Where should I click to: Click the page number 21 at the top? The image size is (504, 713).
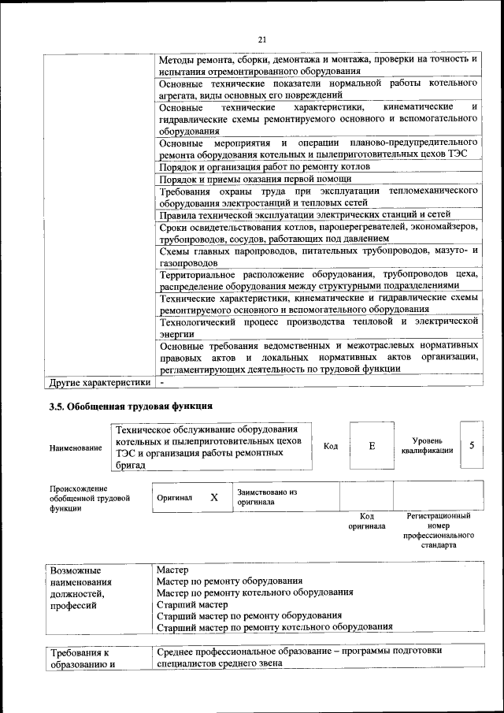pos(263,40)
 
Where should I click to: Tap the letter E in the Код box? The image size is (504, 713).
pos(372,446)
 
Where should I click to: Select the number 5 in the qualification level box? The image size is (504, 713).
pos(472,445)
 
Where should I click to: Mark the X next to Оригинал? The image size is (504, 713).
pos(213,497)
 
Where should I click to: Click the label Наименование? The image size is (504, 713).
pos(76,447)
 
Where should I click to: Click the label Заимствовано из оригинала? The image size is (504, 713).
pos(267,496)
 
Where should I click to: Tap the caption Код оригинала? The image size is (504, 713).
pos(366,521)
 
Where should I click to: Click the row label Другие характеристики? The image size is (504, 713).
pos(98,384)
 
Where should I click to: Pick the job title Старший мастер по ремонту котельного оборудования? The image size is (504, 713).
pos(274,627)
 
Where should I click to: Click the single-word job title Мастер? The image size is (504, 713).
pos(172,568)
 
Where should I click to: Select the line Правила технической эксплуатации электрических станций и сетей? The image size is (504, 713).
pos(304,214)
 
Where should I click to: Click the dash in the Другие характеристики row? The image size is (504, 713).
pos(161,384)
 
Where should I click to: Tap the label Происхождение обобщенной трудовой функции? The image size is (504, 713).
pos(88,499)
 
